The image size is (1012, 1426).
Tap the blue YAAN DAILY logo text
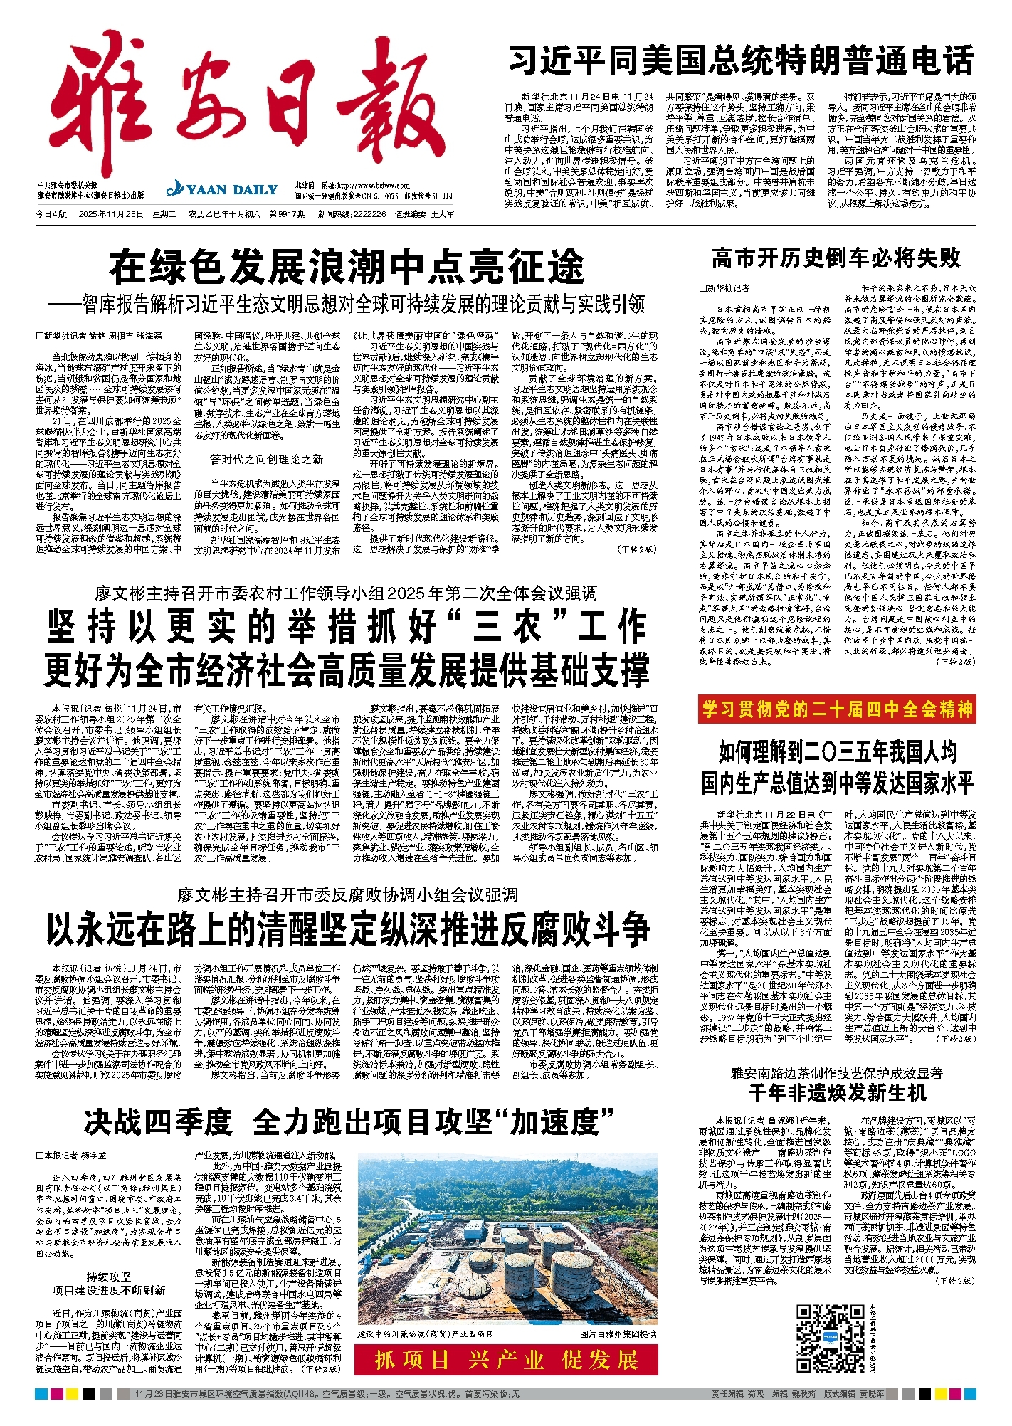click(x=222, y=190)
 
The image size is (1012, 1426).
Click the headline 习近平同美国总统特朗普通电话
click(x=740, y=60)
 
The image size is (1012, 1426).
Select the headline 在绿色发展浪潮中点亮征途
click(x=347, y=268)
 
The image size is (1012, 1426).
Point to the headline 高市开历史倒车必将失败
click(x=836, y=258)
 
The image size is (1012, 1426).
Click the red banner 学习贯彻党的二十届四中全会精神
click(x=837, y=709)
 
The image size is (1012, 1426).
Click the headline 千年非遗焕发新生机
click(x=837, y=1092)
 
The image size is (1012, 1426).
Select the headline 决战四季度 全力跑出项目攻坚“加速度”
click(x=349, y=1122)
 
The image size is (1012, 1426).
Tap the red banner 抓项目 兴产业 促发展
click(x=506, y=1360)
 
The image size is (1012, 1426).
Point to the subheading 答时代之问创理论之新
click(x=266, y=460)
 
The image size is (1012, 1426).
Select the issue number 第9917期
click(x=288, y=214)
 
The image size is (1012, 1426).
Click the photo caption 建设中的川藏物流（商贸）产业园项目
click(x=425, y=1334)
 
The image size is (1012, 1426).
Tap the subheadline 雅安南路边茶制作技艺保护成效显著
click(x=837, y=1073)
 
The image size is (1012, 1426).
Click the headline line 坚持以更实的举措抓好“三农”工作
click(x=347, y=627)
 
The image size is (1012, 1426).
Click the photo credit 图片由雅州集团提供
click(x=618, y=1334)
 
